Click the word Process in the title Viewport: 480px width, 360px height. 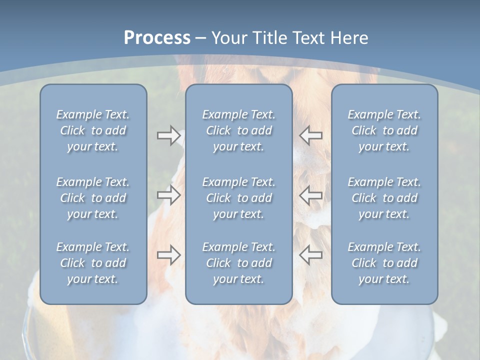pos(157,38)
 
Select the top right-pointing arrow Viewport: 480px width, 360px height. pos(168,135)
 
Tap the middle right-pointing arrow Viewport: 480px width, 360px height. pos(168,195)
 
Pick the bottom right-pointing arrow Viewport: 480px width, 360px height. pos(168,255)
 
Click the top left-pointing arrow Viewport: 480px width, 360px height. pos(311,135)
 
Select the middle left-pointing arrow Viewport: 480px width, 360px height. pos(311,195)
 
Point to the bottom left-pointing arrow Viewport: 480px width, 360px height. pos(311,255)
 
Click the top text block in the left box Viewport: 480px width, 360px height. pos(93,130)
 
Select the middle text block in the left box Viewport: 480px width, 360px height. pos(93,198)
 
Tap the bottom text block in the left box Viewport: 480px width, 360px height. pos(93,263)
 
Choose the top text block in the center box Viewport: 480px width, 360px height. pos(239,130)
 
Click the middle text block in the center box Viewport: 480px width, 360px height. pos(239,198)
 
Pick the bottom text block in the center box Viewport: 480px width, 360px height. pos(239,263)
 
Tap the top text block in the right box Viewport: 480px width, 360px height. pos(384,130)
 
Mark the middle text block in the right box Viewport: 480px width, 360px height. pos(384,198)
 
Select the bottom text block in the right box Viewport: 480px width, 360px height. pos(384,263)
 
